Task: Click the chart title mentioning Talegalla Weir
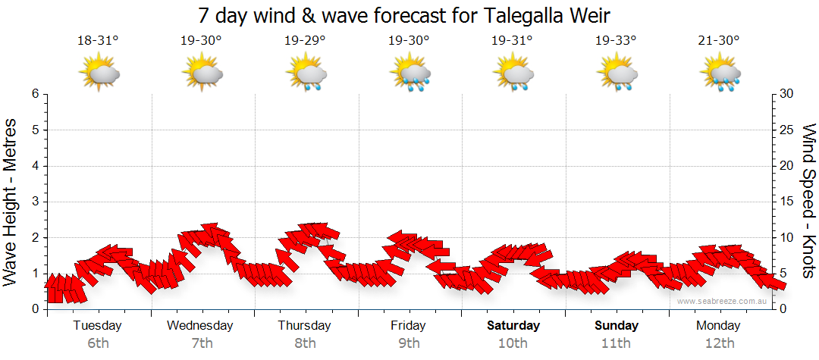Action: point(403,16)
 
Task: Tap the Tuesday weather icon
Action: point(99,74)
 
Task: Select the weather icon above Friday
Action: point(409,74)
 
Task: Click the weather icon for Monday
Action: point(720,74)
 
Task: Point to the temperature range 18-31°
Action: point(98,41)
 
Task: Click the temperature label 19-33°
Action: point(616,41)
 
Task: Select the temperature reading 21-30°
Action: point(719,41)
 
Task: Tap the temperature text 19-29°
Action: point(305,41)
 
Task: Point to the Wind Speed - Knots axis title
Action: point(808,202)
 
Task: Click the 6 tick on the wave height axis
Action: point(35,94)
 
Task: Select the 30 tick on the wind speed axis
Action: point(787,94)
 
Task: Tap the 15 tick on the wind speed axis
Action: point(787,202)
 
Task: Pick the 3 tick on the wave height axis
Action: point(35,202)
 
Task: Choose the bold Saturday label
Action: point(513,326)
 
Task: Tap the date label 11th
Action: point(616,343)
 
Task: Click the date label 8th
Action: point(305,343)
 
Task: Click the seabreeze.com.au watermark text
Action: point(723,301)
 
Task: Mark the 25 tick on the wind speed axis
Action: point(787,130)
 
